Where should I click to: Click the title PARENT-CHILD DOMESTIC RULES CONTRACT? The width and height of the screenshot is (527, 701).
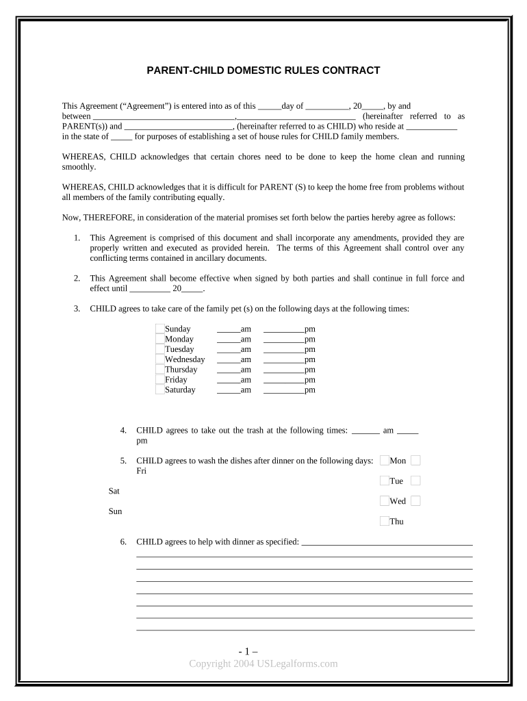tap(263, 71)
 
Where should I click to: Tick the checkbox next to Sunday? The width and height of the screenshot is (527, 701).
tap(160, 329)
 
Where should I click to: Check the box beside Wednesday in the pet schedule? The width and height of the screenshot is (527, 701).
tap(160, 359)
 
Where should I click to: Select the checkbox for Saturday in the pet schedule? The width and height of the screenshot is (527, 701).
tap(160, 390)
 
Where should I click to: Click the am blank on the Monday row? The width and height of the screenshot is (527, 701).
tap(228, 340)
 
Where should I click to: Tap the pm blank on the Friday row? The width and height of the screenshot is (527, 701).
tap(283, 380)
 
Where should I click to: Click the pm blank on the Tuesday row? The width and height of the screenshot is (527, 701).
tap(283, 350)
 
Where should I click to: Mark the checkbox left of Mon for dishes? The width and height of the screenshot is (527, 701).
tap(385, 461)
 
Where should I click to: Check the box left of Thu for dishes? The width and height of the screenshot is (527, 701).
tap(385, 522)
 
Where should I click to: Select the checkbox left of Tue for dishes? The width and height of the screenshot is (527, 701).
tap(385, 481)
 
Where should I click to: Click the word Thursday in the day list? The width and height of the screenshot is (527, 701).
tap(181, 370)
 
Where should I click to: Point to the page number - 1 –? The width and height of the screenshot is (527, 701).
tap(263, 652)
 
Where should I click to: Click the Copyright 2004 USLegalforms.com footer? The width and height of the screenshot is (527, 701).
tap(263, 663)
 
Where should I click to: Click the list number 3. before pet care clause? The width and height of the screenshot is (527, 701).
tap(77, 309)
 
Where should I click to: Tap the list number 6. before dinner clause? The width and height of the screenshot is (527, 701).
tap(123, 542)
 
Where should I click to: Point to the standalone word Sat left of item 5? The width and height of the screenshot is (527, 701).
tap(114, 492)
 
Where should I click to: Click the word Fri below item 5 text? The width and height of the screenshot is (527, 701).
tap(141, 471)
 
